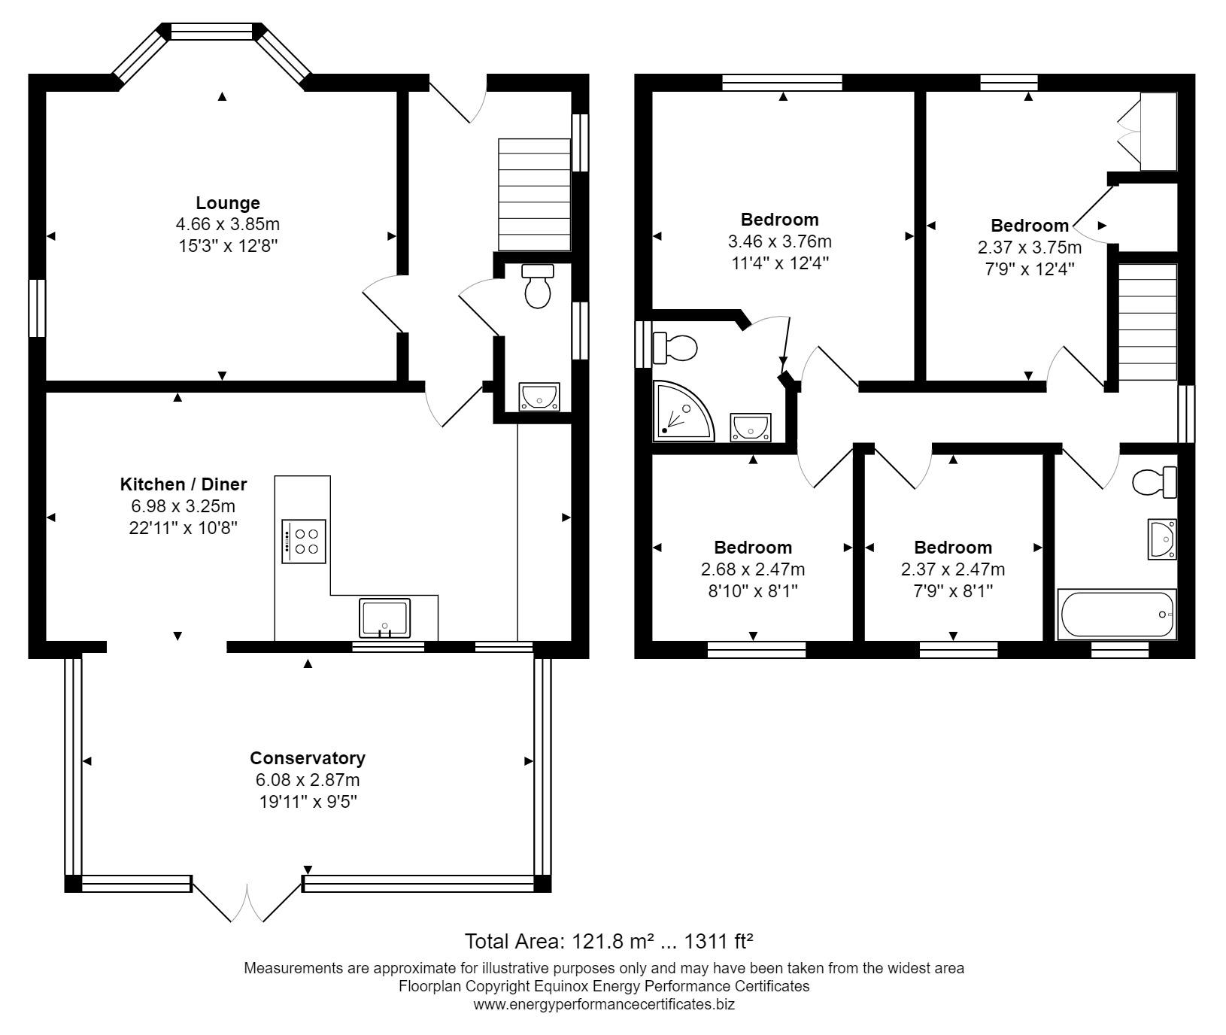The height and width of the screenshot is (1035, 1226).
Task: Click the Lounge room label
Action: click(228, 203)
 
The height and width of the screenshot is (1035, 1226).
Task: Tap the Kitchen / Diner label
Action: click(184, 484)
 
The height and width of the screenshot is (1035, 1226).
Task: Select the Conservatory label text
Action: click(308, 758)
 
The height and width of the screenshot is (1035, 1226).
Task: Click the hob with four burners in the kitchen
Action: click(305, 541)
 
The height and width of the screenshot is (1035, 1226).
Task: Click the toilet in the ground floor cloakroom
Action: click(538, 286)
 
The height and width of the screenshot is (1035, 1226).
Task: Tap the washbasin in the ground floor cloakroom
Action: click(539, 397)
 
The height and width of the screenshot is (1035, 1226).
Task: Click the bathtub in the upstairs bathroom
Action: click(1117, 615)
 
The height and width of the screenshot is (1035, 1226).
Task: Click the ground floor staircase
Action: click(535, 194)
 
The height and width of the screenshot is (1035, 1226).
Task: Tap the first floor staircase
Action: click(1148, 323)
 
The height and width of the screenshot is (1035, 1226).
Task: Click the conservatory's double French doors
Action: click(248, 899)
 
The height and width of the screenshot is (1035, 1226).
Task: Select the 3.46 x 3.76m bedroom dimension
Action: click(779, 241)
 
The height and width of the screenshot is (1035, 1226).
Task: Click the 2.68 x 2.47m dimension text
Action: click(752, 569)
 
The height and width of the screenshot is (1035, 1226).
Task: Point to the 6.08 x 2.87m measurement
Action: click(308, 780)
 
